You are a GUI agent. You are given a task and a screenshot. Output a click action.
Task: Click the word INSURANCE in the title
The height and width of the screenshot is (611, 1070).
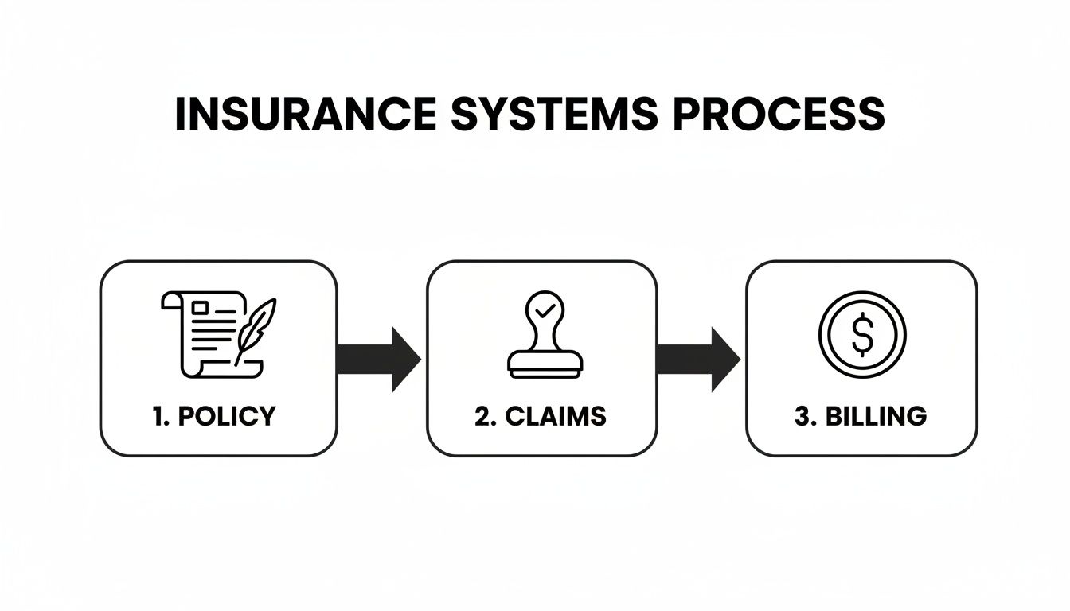pyautogui.click(x=305, y=115)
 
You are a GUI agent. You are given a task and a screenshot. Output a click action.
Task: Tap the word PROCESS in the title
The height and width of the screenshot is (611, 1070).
pyautogui.click(x=779, y=115)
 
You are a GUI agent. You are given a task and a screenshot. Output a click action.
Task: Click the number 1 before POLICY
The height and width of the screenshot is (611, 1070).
pyautogui.click(x=156, y=416)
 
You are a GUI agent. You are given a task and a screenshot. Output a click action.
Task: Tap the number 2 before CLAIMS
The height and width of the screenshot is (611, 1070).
pyautogui.click(x=482, y=416)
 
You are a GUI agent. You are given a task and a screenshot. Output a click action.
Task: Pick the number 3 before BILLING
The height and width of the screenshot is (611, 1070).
pyautogui.click(x=802, y=416)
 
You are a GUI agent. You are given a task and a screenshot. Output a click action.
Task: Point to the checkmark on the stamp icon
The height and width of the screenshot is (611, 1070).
pyautogui.click(x=545, y=310)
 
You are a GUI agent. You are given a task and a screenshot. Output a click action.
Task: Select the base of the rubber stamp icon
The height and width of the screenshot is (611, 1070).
pyautogui.click(x=545, y=364)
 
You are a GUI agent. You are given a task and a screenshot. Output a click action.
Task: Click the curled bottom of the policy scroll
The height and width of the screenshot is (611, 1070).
pyautogui.click(x=239, y=368)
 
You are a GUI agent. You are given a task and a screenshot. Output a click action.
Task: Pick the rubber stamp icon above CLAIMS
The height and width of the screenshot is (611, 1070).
pyautogui.click(x=545, y=334)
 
